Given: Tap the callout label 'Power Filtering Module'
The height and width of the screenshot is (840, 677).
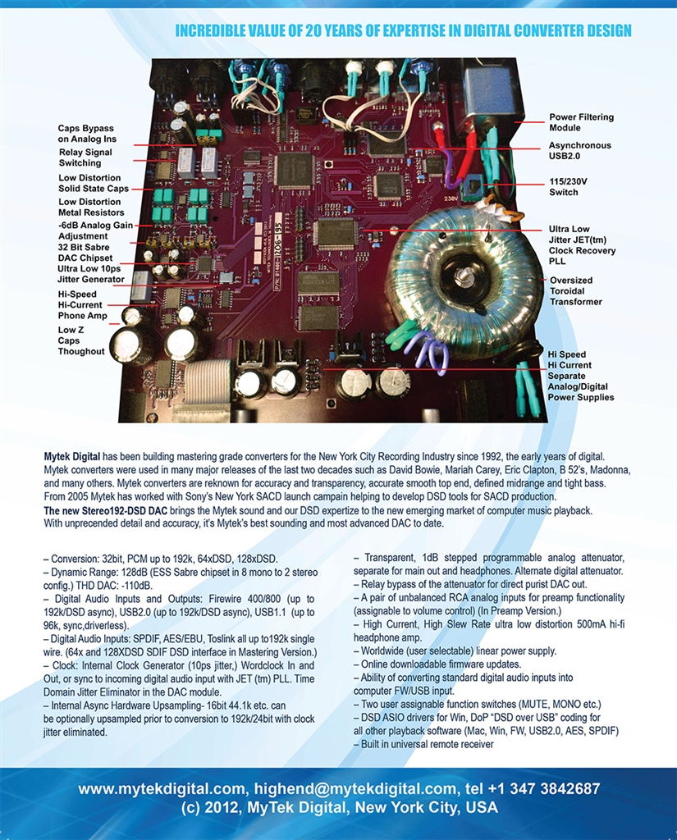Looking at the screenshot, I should tap(581, 122).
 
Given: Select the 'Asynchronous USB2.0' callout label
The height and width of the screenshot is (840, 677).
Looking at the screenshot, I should tap(579, 150).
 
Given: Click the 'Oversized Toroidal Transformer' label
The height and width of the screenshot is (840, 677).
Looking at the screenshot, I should tap(575, 290).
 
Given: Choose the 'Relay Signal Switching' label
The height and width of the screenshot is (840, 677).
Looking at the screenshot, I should tap(85, 157).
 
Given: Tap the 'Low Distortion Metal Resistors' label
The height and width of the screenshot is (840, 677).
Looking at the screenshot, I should tap(91, 207).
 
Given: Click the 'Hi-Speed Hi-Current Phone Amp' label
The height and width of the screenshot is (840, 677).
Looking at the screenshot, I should tap(82, 304).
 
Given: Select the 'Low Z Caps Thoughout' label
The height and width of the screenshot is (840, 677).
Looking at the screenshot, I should tap(81, 340).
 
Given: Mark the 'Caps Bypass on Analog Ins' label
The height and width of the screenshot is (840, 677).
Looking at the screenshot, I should tap(86, 134).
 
